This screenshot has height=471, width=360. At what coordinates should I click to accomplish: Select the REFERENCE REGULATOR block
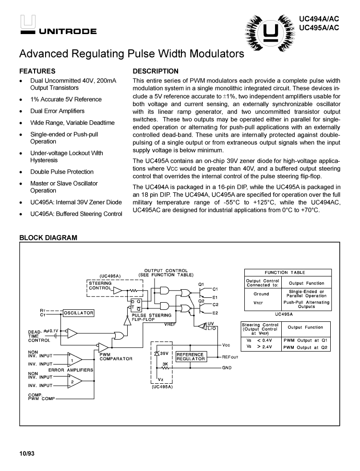[x=191, y=356]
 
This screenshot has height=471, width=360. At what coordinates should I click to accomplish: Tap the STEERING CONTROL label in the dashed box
[x=100, y=286]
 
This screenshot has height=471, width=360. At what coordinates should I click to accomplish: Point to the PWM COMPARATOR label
[x=116, y=357]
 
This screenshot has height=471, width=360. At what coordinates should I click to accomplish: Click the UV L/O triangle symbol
[x=199, y=326]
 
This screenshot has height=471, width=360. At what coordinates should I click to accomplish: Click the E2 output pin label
[x=215, y=313]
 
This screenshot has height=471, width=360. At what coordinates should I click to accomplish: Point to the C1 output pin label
[x=215, y=289]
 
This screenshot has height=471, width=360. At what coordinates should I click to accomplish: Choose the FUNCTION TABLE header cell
[x=288, y=272]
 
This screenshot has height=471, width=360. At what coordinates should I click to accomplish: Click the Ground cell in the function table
[x=261, y=294]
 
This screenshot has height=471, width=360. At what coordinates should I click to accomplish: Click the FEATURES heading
[x=37, y=71]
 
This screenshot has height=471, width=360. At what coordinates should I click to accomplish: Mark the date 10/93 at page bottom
[x=27, y=453]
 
